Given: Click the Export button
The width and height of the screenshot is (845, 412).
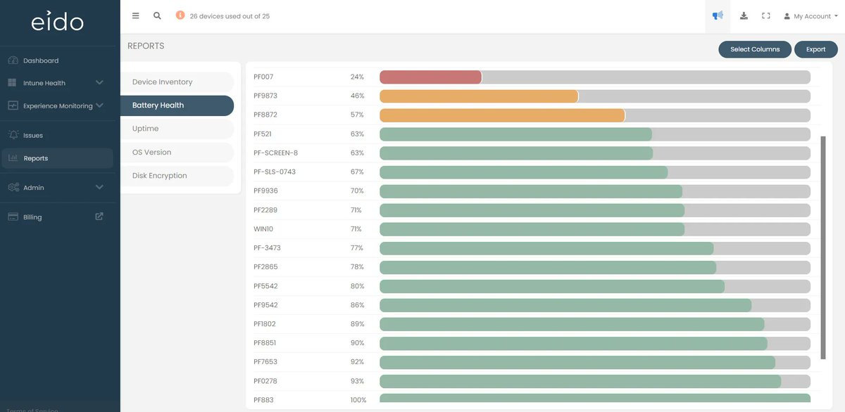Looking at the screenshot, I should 815,49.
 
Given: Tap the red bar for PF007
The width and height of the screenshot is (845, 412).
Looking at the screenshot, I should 430,77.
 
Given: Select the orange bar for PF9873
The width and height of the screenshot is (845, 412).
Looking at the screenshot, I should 479,96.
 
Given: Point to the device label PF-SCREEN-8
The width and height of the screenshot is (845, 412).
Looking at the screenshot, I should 275,153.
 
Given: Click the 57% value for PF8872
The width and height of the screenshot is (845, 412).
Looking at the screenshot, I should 357,115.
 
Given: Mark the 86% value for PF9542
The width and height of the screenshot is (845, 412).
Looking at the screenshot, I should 357,305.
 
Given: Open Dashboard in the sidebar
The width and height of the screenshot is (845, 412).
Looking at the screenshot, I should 41,60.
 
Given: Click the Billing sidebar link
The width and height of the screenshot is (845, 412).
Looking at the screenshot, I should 32,217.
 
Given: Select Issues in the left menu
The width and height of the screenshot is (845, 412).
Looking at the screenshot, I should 33,135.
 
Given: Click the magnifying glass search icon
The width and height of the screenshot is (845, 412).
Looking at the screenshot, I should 157,15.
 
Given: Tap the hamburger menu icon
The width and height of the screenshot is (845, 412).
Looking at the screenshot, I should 136,15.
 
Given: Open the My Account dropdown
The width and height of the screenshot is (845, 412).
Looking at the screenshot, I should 811,16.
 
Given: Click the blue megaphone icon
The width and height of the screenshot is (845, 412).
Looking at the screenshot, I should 718,15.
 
